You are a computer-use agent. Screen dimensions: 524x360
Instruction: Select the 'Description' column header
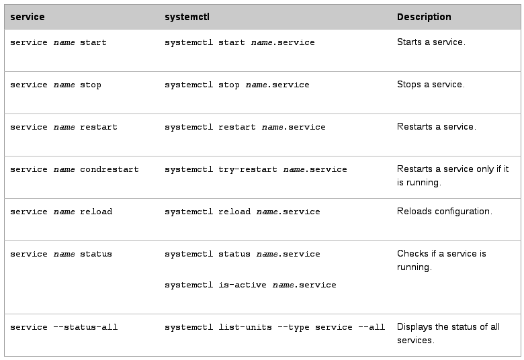(424, 17)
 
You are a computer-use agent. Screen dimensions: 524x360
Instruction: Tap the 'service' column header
(27, 17)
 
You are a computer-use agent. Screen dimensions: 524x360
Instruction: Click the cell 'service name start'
(58, 42)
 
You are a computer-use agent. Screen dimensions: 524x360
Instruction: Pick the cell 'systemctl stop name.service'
(236, 85)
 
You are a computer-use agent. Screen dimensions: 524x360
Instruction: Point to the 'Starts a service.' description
(431, 42)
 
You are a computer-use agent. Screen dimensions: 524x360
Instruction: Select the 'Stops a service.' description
(431, 85)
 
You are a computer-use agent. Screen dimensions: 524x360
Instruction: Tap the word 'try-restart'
(248, 169)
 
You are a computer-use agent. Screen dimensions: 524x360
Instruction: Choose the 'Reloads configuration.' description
(444, 212)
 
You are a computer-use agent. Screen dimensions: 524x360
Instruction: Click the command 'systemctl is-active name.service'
(250, 285)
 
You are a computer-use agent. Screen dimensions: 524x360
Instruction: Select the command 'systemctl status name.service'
(242, 254)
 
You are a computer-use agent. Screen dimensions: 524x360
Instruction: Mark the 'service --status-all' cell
(63, 327)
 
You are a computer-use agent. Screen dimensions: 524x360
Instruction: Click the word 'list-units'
(245, 327)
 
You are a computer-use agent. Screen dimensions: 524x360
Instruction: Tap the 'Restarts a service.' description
(436, 127)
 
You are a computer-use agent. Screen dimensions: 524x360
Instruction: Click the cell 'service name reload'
(60, 212)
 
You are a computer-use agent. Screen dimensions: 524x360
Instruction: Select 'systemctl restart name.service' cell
(245, 127)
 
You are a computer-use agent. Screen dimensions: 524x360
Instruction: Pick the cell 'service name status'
(60, 254)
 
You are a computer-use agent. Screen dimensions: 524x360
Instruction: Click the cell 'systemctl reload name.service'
(242, 212)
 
